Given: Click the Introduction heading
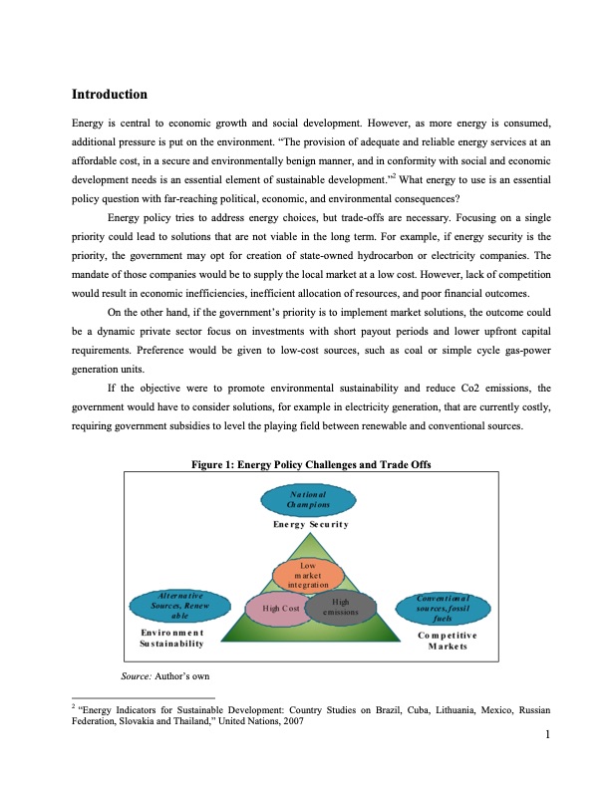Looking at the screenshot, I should click(110, 95).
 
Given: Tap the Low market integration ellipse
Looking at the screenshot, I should click(308, 575).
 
